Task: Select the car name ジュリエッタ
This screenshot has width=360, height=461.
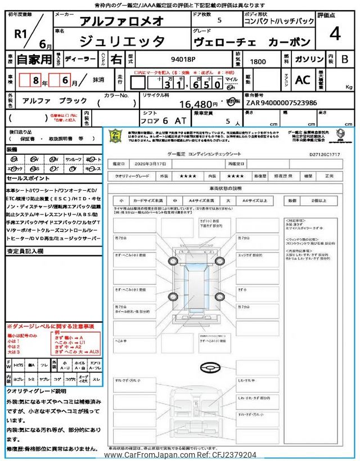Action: [x=122, y=41]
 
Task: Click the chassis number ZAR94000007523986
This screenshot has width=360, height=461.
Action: [x=281, y=103]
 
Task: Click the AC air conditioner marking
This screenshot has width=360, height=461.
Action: [x=302, y=80]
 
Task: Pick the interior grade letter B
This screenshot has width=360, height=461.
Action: [x=345, y=59]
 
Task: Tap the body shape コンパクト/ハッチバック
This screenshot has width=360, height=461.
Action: [x=279, y=22]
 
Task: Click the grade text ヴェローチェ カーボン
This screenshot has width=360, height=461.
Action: [x=259, y=42]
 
